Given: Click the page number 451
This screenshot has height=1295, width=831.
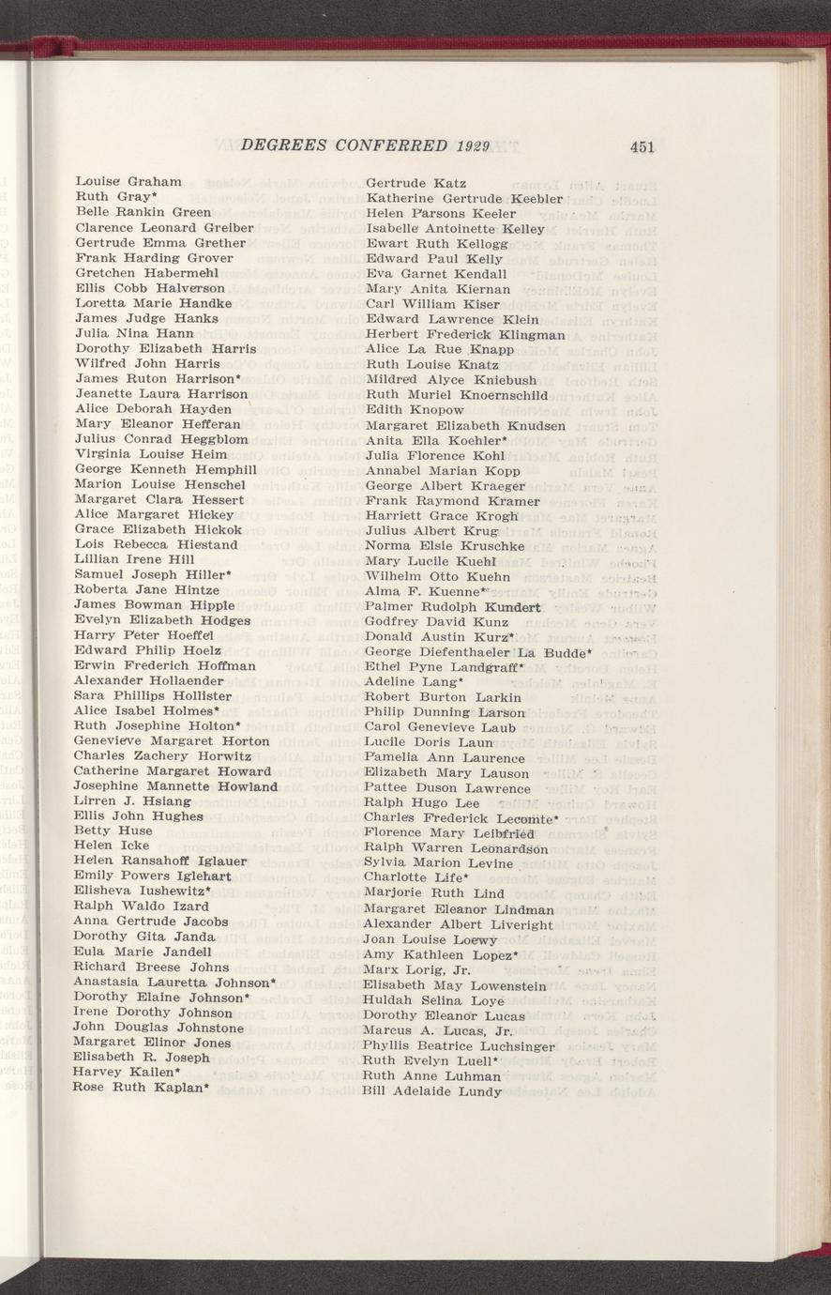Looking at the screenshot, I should (x=642, y=146).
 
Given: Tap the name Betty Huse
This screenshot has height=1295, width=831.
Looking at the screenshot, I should (x=113, y=830).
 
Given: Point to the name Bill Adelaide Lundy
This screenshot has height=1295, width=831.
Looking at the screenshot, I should (x=432, y=1091).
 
